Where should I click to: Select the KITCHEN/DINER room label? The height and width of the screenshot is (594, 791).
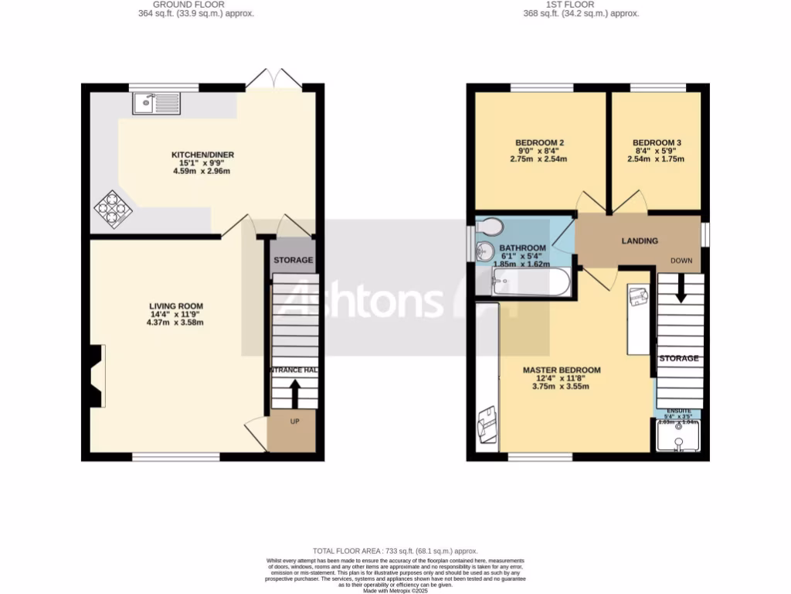(x=202, y=155)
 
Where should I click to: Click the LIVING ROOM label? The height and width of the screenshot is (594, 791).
(x=176, y=306)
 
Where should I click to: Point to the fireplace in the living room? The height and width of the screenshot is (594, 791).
(x=96, y=377)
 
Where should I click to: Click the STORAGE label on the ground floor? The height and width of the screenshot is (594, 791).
(x=294, y=260)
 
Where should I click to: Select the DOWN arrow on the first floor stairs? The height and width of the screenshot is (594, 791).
(x=681, y=289)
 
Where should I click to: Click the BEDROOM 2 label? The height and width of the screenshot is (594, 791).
(x=539, y=143)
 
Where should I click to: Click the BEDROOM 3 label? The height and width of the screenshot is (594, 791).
(x=656, y=143)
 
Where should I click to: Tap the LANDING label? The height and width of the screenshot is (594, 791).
(x=640, y=241)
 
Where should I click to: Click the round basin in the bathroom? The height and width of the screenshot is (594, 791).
(x=486, y=251)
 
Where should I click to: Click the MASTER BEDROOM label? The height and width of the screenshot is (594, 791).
(x=561, y=370)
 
